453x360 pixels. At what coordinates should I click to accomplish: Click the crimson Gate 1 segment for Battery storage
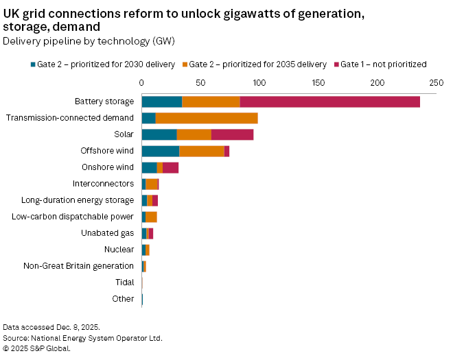click(x=329, y=101)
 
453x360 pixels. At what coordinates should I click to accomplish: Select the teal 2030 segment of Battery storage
click(x=162, y=101)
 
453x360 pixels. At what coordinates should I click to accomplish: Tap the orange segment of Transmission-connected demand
click(x=207, y=118)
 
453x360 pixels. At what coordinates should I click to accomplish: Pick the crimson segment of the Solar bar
click(x=232, y=134)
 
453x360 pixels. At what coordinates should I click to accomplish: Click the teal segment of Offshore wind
click(x=161, y=151)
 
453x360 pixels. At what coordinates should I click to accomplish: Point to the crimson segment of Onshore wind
click(x=170, y=167)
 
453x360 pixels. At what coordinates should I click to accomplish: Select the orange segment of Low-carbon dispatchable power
click(x=151, y=217)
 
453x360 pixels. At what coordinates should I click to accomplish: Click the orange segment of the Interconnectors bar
click(x=152, y=184)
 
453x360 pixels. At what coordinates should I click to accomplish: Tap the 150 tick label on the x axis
click(x=318, y=82)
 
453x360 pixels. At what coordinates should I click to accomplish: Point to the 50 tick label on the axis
click(x=200, y=82)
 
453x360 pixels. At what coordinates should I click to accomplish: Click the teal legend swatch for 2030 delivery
click(x=32, y=64)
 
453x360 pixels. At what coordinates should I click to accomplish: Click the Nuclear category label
click(x=119, y=250)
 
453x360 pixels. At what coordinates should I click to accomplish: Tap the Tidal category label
click(x=124, y=283)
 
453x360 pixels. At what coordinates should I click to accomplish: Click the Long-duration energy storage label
click(x=78, y=200)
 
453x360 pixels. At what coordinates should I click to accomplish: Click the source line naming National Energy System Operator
click(x=82, y=338)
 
